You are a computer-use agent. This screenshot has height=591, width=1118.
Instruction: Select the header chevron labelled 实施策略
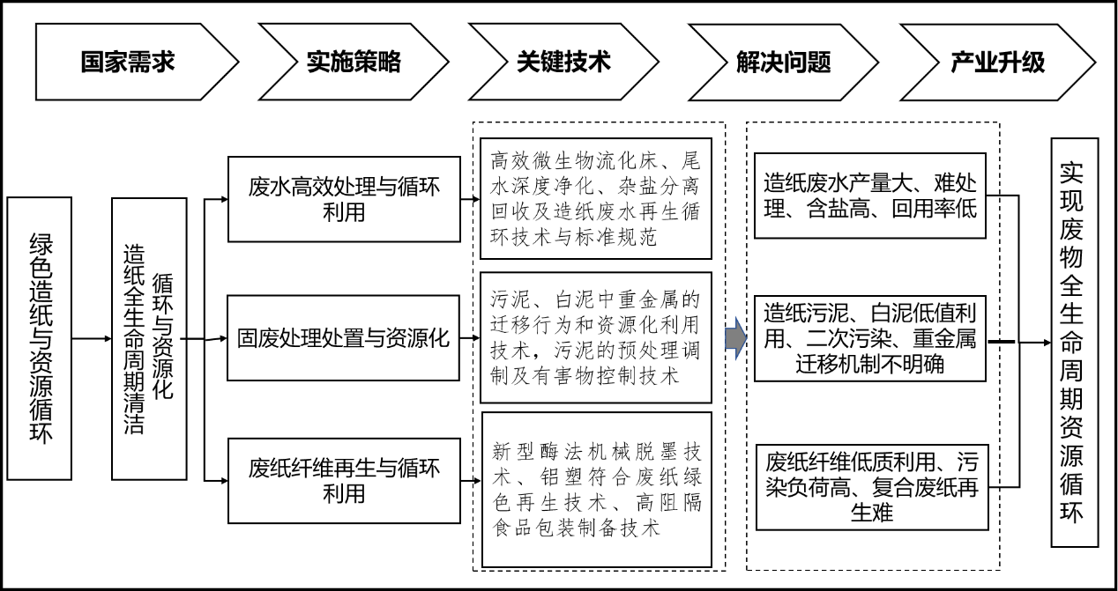pyautogui.click(x=354, y=62)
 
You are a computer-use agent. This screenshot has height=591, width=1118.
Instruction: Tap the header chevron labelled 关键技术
pyautogui.click(x=564, y=62)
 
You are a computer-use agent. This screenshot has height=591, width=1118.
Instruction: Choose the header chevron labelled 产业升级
pyautogui.click(x=997, y=62)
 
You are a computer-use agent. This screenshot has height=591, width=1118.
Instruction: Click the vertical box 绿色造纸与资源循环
pyautogui.click(x=40, y=338)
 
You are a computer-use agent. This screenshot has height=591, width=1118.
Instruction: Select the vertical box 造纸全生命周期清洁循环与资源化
pyautogui.click(x=149, y=338)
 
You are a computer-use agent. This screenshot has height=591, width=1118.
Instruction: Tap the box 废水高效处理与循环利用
pyautogui.click(x=344, y=199)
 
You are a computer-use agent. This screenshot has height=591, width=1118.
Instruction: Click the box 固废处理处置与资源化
pyautogui.click(x=344, y=338)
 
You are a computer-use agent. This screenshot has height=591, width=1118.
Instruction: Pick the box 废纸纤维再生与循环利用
pyautogui.click(x=344, y=480)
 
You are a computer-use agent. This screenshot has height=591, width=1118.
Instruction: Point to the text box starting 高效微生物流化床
pyautogui.click(x=596, y=199)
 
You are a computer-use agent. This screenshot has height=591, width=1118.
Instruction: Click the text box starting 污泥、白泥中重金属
pyautogui.click(x=596, y=338)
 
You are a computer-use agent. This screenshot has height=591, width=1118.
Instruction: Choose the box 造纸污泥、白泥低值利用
pyautogui.click(x=870, y=338)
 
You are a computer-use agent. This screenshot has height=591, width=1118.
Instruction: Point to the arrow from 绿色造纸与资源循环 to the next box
pyautogui.click(x=92, y=338)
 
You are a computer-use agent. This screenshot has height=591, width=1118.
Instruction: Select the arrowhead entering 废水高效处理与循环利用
pyautogui.click(x=221, y=199)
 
